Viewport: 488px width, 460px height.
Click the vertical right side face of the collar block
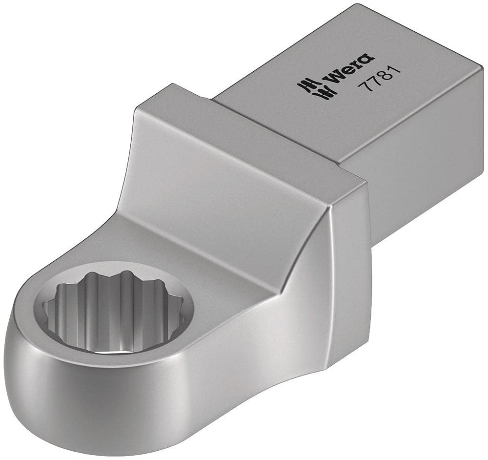(342, 254)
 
